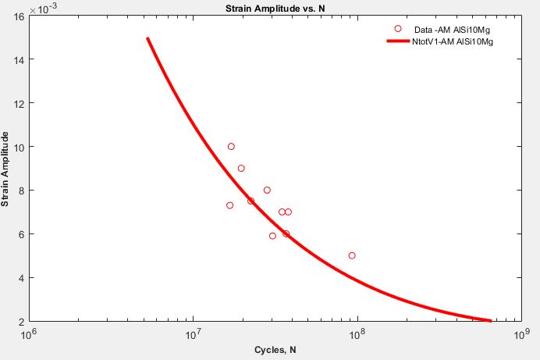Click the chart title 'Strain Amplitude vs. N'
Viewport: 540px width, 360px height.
269,8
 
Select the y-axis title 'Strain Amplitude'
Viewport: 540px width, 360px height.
6,169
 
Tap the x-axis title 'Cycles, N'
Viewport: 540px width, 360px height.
270,349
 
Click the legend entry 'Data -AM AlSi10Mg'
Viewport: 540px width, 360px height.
441,29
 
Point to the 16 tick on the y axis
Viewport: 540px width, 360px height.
17,16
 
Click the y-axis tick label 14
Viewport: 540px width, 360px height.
17,59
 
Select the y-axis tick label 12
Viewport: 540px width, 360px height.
17,103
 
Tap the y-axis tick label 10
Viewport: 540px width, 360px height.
17,147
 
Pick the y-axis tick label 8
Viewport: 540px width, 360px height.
20,191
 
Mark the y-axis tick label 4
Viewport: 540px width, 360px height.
20,277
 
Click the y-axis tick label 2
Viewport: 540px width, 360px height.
20,321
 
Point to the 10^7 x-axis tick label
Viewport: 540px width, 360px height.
193,333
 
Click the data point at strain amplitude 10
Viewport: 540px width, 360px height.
231,147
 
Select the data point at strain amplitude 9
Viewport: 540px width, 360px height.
241,169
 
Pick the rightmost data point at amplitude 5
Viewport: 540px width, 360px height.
352,255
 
